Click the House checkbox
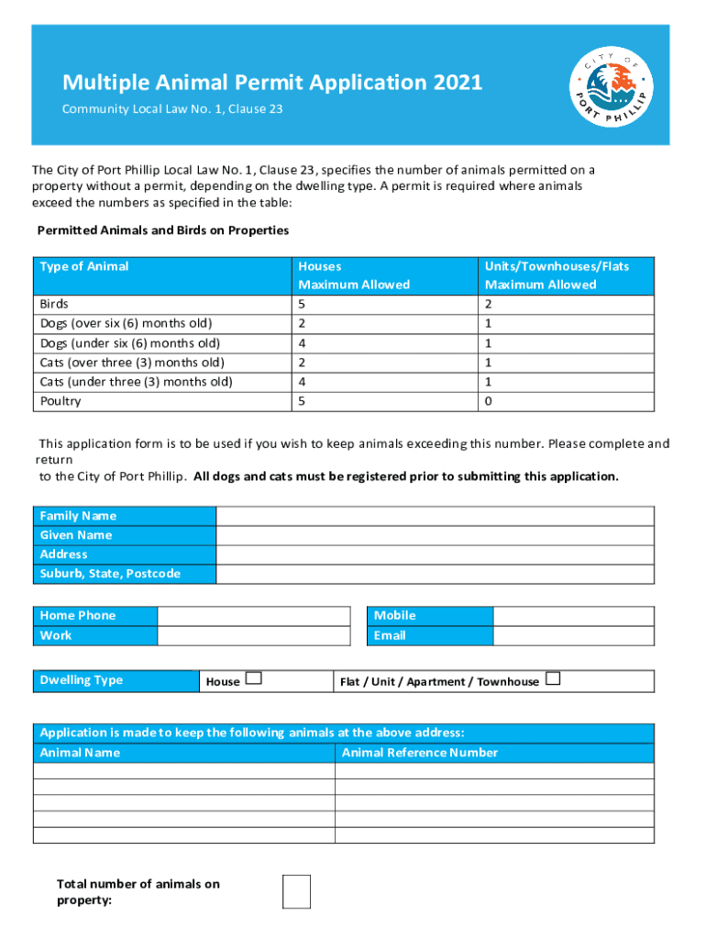click(254, 679)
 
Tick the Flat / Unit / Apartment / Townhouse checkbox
click(552, 679)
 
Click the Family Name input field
click(435, 516)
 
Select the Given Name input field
click(435, 535)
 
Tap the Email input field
click(573, 635)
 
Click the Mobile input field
click(573, 616)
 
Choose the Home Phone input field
click(254, 616)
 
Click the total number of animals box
click(296, 891)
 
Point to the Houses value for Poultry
click(303, 401)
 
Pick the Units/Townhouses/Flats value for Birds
click(489, 304)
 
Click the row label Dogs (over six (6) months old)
click(126, 323)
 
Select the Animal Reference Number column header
click(420, 753)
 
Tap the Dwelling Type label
click(82, 680)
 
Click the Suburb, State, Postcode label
click(110, 574)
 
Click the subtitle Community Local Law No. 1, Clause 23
click(172, 109)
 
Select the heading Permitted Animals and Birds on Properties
click(162, 229)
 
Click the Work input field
click(254, 635)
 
